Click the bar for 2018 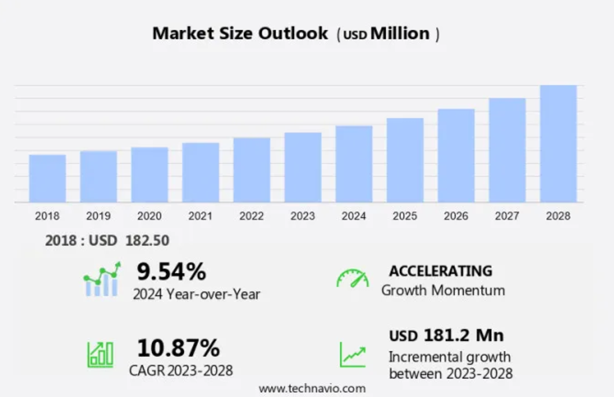pyautogui.click(x=47, y=178)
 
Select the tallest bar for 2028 pyautogui.click(x=558, y=143)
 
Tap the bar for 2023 pyautogui.click(x=303, y=167)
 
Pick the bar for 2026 pyautogui.click(x=456, y=155)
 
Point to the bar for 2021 pyautogui.click(x=201, y=172)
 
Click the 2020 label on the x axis pyautogui.click(x=149, y=216)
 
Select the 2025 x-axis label pyautogui.click(x=405, y=216)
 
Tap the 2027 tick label pyautogui.click(x=507, y=216)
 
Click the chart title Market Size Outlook pyautogui.click(x=240, y=33)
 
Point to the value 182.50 pyautogui.click(x=147, y=240)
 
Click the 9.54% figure pyautogui.click(x=171, y=272)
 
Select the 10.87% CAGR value pyautogui.click(x=178, y=348)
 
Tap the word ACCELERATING pyautogui.click(x=441, y=271)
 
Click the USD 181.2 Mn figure pyautogui.click(x=446, y=335)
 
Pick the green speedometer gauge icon pyautogui.click(x=352, y=278)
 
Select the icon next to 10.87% pyautogui.click(x=100, y=354)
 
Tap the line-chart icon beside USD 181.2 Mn pyautogui.click(x=352, y=354)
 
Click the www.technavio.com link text pyautogui.click(x=312, y=388)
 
